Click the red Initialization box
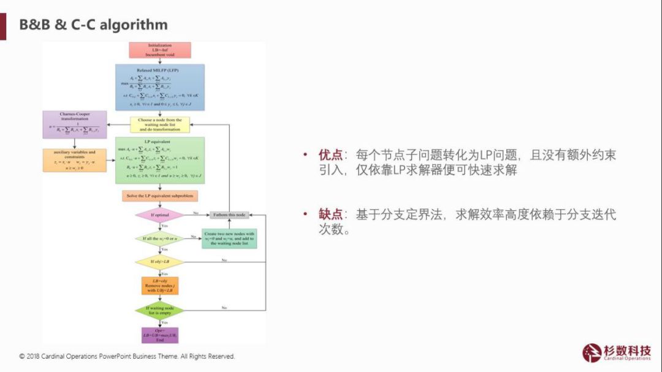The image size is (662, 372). [160, 50]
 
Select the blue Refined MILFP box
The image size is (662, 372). [160, 88]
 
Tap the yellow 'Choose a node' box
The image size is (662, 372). [160, 125]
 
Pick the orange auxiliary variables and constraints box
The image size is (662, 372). [74, 160]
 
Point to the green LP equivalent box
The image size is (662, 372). [160, 160]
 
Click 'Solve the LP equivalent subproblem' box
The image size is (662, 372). [159, 196]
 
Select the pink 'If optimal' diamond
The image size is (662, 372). [159, 215]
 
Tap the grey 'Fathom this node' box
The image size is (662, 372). [229, 215]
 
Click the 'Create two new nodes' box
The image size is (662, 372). [229, 238]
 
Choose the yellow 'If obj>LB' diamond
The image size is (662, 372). [159, 262]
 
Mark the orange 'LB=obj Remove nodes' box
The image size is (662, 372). [159, 285]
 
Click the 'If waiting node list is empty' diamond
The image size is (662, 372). [159, 309]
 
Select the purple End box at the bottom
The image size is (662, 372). [159, 335]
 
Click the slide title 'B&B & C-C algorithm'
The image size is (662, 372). [93, 25]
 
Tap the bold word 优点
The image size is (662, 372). [329, 155]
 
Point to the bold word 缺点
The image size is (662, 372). [329, 214]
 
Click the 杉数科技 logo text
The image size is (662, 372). [626, 351]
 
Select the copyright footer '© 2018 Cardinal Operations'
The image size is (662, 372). [127, 356]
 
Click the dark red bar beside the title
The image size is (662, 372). [3, 26]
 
